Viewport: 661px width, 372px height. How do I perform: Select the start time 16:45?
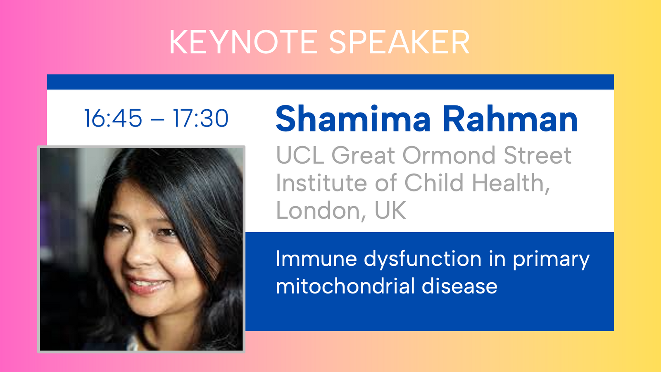113,118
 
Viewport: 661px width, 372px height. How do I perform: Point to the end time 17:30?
201,118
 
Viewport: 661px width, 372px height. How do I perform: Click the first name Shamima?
353,119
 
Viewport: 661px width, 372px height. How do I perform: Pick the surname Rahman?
510,119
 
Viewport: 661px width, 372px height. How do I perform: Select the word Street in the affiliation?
537,155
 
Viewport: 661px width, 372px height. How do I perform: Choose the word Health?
511,183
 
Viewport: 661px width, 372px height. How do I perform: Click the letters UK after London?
390,210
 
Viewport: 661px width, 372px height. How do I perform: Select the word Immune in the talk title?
316,259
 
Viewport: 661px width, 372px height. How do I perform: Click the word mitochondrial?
345,286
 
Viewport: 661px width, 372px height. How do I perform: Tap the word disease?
459,286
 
